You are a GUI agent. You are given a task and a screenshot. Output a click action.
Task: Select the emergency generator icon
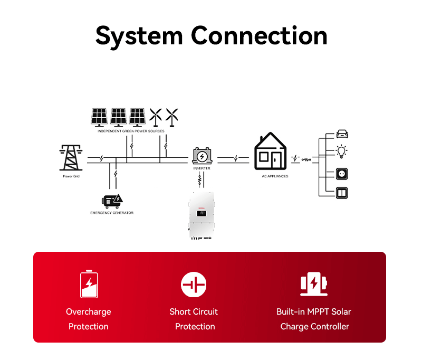tap(112, 201)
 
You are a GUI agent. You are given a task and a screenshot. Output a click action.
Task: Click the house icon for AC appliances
tap(271, 151)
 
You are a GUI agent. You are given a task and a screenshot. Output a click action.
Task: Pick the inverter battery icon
tap(202, 156)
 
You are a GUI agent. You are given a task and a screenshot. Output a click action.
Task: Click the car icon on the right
tap(342, 134)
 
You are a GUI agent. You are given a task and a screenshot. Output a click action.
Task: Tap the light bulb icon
tap(342, 153)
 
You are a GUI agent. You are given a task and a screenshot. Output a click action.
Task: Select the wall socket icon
tap(342, 174)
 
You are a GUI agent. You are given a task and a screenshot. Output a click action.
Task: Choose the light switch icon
tap(342, 192)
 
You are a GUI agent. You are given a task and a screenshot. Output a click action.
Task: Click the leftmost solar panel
tap(99, 117)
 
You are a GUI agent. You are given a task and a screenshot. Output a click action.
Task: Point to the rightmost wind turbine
tap(172, 117)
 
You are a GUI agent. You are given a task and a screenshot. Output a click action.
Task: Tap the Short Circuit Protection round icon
tap(194, 285)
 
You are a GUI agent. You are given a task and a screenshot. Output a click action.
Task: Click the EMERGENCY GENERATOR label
tap(112, 213)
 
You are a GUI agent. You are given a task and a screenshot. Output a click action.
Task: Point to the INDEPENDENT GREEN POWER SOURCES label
tap(131, 131)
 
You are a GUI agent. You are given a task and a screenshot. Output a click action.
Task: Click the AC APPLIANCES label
tap(275, 176)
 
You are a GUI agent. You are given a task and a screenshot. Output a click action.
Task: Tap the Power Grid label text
tap(71, 176)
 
